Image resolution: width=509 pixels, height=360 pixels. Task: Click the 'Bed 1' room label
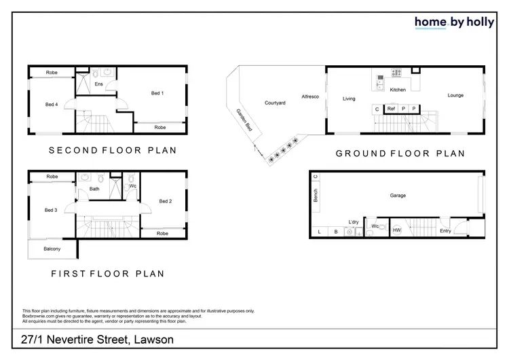[x=157, y=93]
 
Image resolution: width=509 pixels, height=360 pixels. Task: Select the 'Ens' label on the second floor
[x=98, y=84]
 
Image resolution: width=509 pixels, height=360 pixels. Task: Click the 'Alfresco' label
[x=311, y=97]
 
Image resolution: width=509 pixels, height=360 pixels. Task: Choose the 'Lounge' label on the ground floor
[x=455, y=95]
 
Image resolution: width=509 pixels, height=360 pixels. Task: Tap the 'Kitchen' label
[x=398, y=90]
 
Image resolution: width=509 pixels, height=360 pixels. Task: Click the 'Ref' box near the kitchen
[x=392, y=109]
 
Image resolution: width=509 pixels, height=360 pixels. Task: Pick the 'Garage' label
[x=398, y=196]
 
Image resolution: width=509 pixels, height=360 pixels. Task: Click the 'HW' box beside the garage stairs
[x=397, y=231]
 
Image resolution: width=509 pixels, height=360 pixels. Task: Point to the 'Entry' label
[x=445, y=231]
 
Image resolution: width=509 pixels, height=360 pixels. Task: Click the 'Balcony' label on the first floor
[x=52, y=249]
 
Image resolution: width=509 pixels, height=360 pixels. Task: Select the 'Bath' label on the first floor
[x=94, y=189]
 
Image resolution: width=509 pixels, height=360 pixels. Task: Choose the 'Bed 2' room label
[x=166, y=201]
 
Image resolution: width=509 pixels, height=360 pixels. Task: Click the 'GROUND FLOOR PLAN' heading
[x=400, y=154]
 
